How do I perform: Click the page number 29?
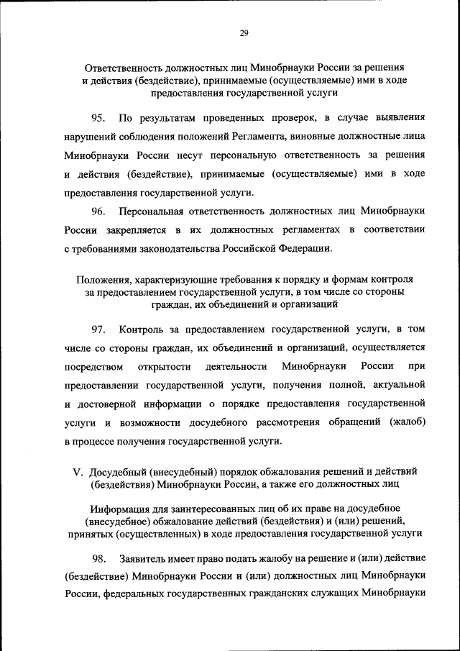pos(244,32)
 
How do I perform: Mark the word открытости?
pos(157,366)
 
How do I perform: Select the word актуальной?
pos(399,385)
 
